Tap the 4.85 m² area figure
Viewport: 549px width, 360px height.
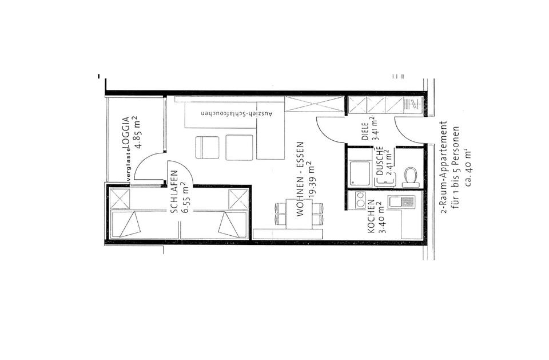(x=137, y=132)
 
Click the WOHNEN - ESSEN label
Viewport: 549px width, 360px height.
(x=300, y=179)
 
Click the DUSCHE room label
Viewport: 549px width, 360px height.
(x=380, y=161)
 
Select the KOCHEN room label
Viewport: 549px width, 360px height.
(x=371, y=216)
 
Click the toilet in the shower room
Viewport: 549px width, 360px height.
(x=410, y=176)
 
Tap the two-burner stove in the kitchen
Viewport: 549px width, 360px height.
(x=360, y=200)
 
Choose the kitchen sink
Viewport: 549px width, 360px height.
(x=401, y=202)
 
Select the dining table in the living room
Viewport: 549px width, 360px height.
(x=299, y=214)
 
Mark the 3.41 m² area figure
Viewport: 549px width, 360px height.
(x=376, y=129)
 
